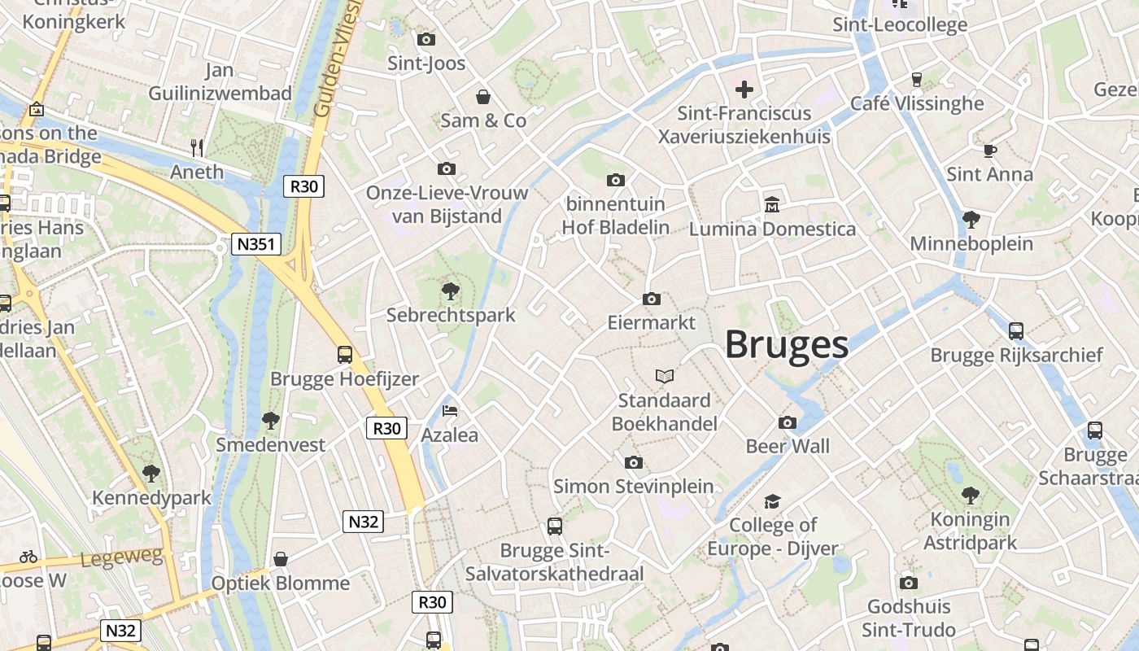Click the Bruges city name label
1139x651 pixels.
[x=787, y=345]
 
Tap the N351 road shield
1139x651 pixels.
[x=255, y=244]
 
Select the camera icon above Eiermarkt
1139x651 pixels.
[x=651, y=299]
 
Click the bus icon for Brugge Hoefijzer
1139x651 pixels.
[x=345, y=355]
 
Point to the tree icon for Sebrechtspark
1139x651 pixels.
[x=450, y=291]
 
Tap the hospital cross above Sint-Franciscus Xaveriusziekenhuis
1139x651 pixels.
[x=744, y=89]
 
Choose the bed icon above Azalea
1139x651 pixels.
[x=450, y=411]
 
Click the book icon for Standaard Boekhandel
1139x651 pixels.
[x=665, y=376]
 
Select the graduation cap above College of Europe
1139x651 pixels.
[x=772, y=501]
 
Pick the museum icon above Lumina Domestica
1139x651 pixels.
[x=772, y=204]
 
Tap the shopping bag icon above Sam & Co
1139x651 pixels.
[x=483, y=97]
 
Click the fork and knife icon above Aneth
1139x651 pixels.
[x=197, y=147]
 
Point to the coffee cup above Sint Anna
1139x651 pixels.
[x=989, y=151]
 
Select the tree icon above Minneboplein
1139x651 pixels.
[x=971, y=219]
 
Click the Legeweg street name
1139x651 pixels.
[x=122, y=557]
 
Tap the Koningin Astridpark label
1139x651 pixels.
[x=970, y=531]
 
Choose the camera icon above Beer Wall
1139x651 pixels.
[x=788, y=422]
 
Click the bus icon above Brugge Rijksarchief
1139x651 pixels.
[x=1016, y=330]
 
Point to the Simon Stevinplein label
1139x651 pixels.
[x=634, y=487]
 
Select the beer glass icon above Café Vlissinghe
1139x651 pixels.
[x=917, y=79]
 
